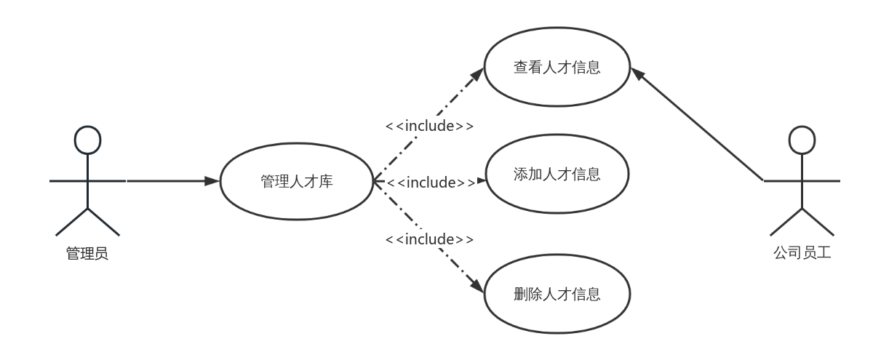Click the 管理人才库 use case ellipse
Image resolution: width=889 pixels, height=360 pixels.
pyautogui.click(x=297, y=181)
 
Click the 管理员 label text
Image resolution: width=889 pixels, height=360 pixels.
pyautogui.click(x=87, y=255)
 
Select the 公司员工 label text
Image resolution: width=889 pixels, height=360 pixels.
pyautogui.click(x=802, y=255)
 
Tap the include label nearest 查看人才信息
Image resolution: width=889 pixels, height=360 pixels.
pyautogui.click(x=430, y=126)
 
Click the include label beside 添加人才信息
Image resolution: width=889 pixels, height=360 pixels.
pyautogui.click(x=431, y=182)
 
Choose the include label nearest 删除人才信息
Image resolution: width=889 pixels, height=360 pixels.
pyautogui.click(x=430, y=239)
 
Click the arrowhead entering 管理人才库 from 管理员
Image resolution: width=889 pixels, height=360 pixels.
pyautogui.click(x=212, y=180)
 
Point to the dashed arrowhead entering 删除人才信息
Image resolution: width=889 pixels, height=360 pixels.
pyautogui.click(x=479, y=287)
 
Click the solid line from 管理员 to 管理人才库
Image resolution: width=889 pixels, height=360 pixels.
pyautogui.click(x=167, y=180)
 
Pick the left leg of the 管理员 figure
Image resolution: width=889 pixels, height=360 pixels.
pyautogui.click(x=72, y=222)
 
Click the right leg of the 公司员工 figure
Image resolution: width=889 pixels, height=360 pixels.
pyautogui.click(x=818, y=222)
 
